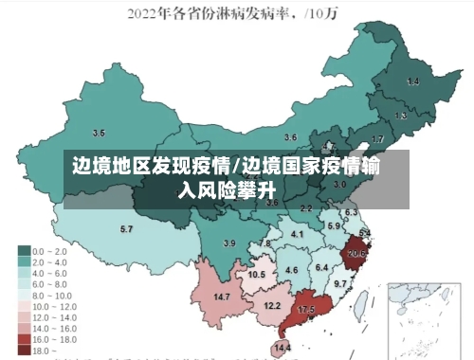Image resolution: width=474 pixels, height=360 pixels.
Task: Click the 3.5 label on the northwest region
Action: coord(99,132)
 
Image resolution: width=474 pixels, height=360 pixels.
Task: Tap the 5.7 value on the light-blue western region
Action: coord(126,229)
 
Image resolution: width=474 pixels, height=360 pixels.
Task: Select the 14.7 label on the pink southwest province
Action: coord(222,297)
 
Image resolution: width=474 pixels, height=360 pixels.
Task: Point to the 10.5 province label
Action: coord(257,275)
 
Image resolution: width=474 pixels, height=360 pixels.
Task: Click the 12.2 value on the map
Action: coord(272,305)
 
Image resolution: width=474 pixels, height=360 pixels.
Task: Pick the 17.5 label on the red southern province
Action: coord(306,310)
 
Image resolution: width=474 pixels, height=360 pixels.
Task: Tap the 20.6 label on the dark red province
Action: coord(356,253)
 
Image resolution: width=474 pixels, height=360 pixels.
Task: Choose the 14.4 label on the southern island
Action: coord(283,349)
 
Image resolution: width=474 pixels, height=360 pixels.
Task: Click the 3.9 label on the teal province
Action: coord(228,243)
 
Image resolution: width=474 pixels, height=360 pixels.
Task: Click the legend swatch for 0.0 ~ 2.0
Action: coord(24,251)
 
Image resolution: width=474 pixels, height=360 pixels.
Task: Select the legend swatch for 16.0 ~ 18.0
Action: coord(24,338)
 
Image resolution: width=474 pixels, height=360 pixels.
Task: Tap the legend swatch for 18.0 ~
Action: coord(24,350)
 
